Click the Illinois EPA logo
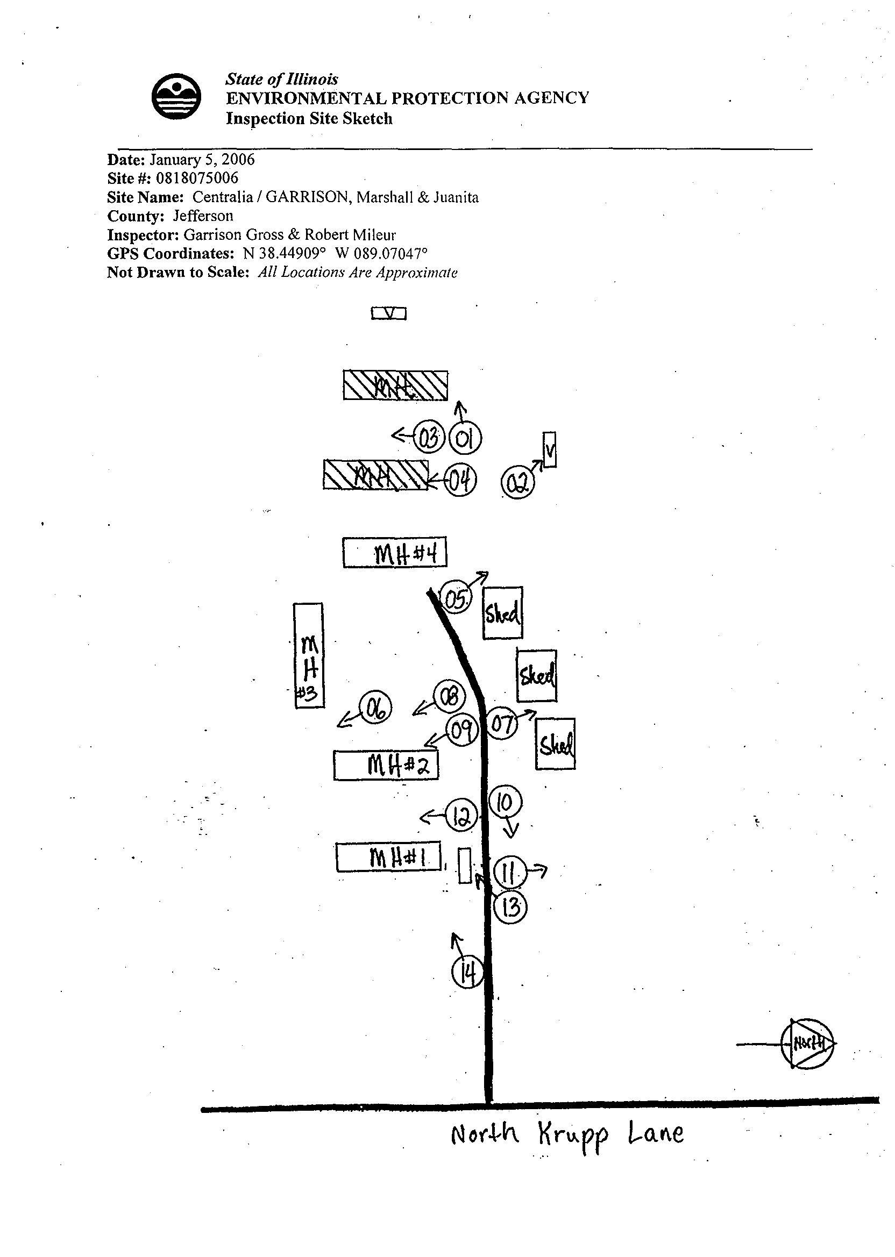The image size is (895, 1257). tap(176, 96)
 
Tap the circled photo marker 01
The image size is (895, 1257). tap(465, 439)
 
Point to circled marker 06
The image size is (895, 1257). tap(375, 708)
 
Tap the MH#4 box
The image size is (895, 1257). tap(395, 553)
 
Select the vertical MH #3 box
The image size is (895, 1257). tap(309, 655)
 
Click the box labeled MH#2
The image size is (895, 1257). tap(386, 765)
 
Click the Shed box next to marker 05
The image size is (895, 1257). tap(502, 612)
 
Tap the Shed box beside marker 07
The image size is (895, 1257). tap(556, 744)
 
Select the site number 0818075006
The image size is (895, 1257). tap(197, 178)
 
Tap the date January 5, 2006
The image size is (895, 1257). tap(202, 160)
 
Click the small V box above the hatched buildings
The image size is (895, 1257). tap(389, 313)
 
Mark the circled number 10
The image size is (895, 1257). tap(505, 802)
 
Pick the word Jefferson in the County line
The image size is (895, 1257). tap(203, 216)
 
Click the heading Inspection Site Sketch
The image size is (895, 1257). tap(309, 118)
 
